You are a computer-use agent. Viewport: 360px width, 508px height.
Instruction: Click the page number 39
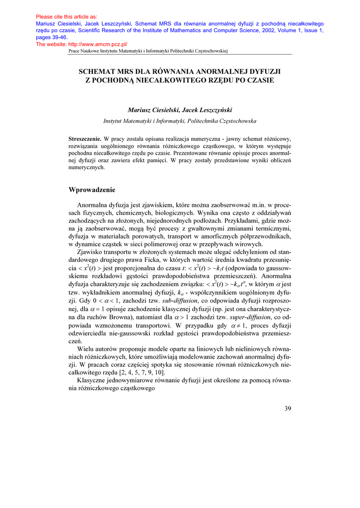[288, 408]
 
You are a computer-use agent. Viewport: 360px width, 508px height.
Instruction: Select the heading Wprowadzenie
[92, 190]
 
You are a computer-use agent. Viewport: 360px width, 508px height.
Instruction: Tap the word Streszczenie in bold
[85, 139]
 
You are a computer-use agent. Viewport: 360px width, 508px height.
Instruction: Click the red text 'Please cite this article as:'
[67, 16]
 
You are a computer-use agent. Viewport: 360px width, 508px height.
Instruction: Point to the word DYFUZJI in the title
[263, 71]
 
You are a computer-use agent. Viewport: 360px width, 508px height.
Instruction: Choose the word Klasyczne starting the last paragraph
[94, 380]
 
